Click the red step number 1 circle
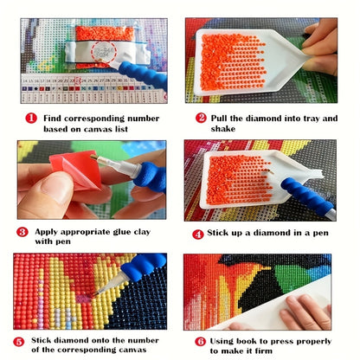point(31,119)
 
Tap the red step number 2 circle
point(201,118)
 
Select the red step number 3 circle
point(22,232)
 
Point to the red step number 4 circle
point(198,235)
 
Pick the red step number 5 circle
point(19,342)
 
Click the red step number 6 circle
point(200,342)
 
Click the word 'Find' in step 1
point(52,119)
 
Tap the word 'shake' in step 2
point(223,129)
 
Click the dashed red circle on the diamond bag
point(104,52)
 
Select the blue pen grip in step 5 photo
point(144,266)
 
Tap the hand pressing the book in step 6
point(305,313)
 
